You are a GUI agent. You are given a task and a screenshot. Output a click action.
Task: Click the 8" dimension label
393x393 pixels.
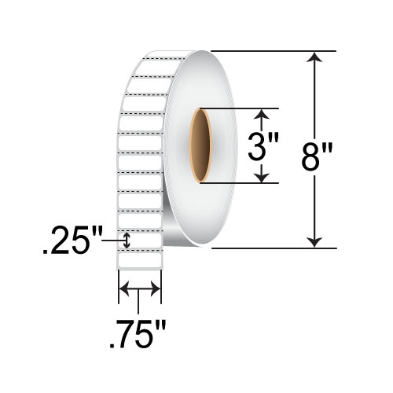tap(317, 156)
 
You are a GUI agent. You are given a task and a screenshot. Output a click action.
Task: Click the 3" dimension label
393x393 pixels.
tap(263, 146)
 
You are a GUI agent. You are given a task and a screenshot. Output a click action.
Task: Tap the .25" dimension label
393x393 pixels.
tap(72, 241)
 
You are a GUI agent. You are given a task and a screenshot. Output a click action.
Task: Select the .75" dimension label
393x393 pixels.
tap(138, 334)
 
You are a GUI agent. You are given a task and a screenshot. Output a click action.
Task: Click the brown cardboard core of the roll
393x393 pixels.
tap(200, 145)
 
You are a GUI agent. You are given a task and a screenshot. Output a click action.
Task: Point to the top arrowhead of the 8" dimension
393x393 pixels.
tap(314, 57)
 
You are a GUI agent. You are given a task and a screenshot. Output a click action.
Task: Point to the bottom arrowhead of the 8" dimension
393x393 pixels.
tap(314, 243)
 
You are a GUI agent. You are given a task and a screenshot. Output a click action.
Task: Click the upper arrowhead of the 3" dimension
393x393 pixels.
tap(262, 114)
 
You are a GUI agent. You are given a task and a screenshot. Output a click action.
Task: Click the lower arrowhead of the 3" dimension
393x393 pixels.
tap(262, 177)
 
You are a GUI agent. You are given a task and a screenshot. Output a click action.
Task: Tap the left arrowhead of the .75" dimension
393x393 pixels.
tap(124, 289)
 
